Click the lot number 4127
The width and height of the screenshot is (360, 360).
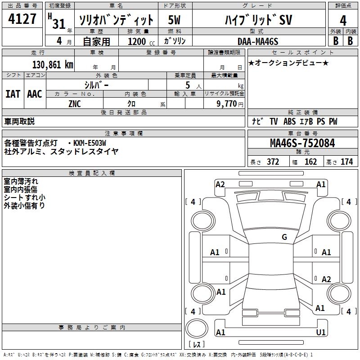pos(22,19)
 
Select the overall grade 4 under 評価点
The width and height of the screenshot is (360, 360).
pos(343,20)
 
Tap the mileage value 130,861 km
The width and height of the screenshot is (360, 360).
pos(53,65)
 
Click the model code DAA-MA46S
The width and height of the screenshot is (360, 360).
pos(258,41)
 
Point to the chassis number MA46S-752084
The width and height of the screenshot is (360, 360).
pos(302,143)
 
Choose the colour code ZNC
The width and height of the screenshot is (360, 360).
pos(75,104)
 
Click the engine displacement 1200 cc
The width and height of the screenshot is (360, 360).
pos(141,41)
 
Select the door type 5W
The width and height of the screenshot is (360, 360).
pos(174,20)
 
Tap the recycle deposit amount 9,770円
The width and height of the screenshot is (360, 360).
pos(230,104)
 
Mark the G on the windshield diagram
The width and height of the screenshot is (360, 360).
pos(284,237)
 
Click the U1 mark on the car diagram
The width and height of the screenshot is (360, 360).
pos(321,332)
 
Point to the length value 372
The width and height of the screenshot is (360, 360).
pos(273,162)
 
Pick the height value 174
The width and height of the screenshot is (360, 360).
pos(346,162)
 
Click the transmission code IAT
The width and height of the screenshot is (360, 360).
pos(13,94)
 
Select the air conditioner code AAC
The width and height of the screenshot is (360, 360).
pos(35,94)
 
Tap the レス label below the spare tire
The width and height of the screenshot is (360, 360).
pos(197,344)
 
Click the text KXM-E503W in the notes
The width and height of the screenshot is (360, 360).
pos(90,143)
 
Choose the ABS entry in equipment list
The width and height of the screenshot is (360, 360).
pos(289,121)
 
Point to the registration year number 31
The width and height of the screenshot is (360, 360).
pos(59,24)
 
